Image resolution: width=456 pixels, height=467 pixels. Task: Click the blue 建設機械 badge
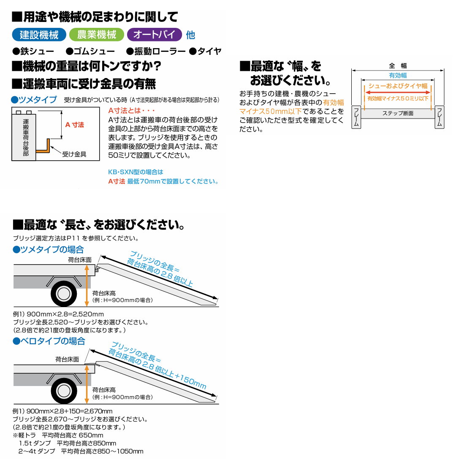(39, 35)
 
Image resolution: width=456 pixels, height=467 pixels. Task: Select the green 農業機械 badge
(97, 35)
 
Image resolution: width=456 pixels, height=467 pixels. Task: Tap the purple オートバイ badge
(154, 35)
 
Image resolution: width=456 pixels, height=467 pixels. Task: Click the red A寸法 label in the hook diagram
(74, 125)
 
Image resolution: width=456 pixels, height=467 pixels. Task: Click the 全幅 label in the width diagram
(397, 66)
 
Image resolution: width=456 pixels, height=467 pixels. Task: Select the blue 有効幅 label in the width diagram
(397, 76)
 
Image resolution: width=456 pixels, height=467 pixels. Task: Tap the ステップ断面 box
(398, 113)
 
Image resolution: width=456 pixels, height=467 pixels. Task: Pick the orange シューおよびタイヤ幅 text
(397, 86)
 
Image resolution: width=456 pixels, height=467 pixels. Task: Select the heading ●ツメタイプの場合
(48, 249)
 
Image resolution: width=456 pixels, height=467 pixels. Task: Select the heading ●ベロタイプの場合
(49, 341)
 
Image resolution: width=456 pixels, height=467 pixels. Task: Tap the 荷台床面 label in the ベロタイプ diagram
(67, 359)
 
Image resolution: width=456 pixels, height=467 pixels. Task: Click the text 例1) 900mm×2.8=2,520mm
(58, 314)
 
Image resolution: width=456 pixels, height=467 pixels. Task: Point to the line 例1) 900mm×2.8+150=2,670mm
(62, 411)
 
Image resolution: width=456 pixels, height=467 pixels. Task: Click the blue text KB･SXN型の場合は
(136, 172)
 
